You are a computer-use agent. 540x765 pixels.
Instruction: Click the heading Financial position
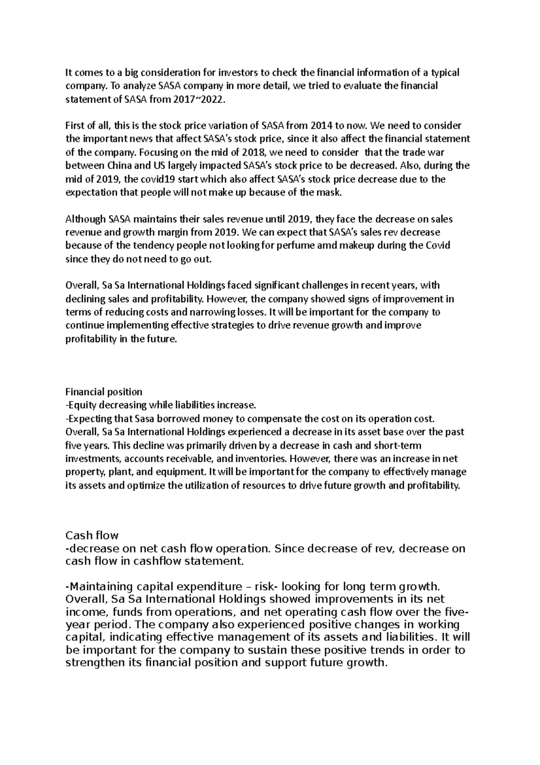[104, 392]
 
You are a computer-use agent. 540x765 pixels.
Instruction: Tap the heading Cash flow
[92, 535]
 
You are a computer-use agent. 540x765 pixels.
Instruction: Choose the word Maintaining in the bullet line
[99, 587]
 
